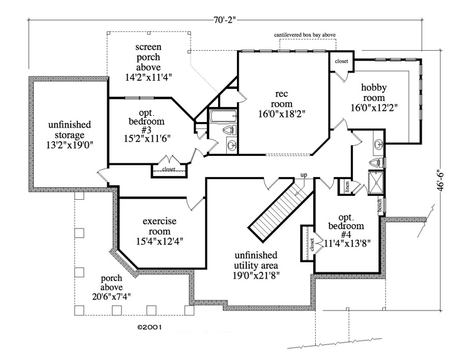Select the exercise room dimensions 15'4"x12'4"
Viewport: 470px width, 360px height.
pos(159,240)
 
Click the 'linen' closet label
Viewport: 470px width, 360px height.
pos(347,185)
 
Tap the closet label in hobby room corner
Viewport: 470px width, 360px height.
pos(342,61)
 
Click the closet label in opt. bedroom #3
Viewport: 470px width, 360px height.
pos(169,169)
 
